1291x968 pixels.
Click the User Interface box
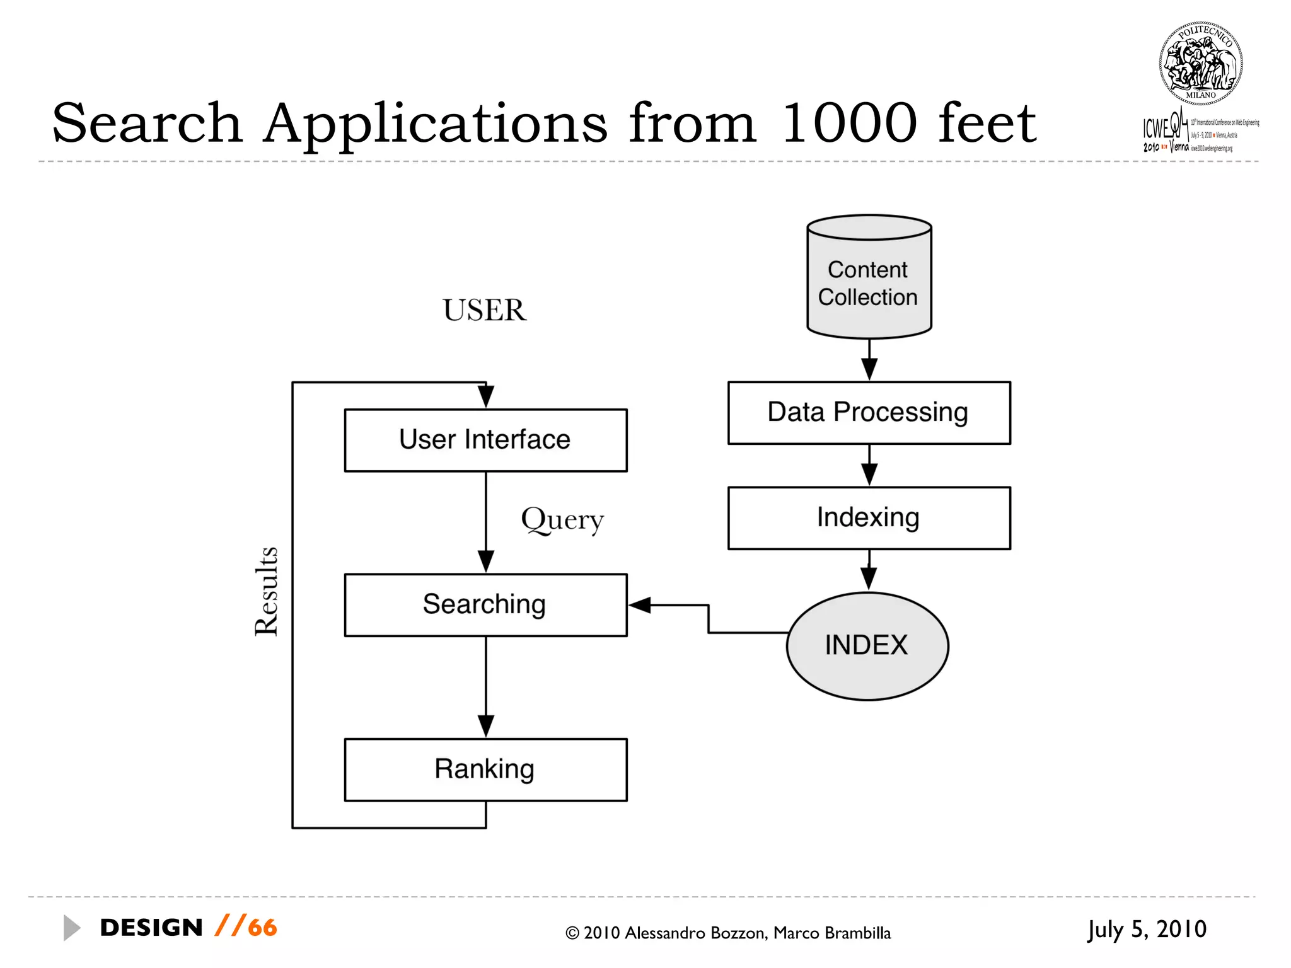[485, 440]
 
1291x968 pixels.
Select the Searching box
[485, 604]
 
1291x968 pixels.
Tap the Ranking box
[485, 769]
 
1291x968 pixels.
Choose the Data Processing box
[869, 413]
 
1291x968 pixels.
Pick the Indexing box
[869, 517]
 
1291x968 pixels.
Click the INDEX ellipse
[867, 645]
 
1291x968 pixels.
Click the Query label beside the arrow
[562, 521]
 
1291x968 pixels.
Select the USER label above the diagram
[484, 310]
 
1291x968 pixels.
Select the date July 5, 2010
[1147, 929]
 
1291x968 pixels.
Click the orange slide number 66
[262, 928]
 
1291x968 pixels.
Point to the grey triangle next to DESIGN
[71, 928]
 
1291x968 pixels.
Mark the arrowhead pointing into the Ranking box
[485, 726]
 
